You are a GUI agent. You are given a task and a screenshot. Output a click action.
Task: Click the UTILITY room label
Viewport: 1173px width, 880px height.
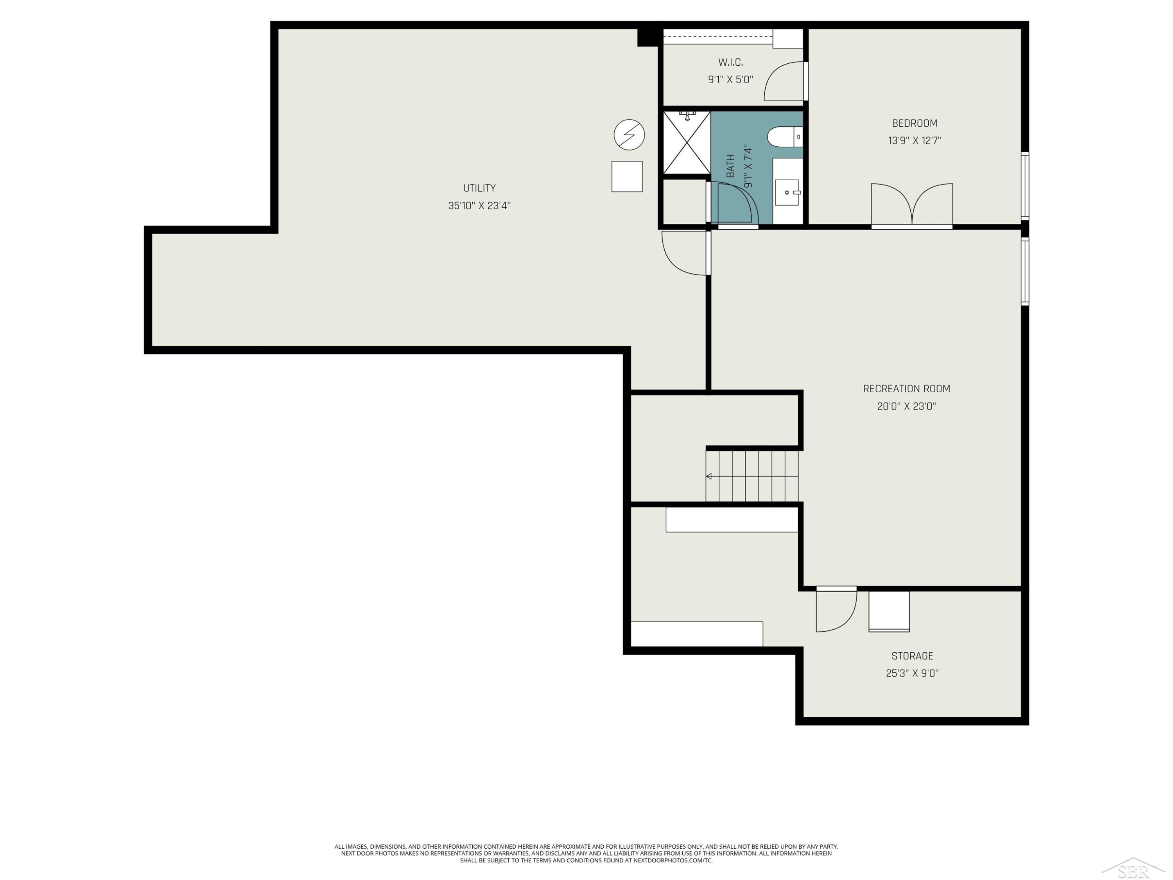tap(479, 188)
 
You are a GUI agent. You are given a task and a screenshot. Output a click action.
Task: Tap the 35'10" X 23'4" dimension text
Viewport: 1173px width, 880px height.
tap(479, 206)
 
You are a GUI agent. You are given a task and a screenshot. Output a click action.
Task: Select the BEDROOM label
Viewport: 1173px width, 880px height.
tap(915, 123)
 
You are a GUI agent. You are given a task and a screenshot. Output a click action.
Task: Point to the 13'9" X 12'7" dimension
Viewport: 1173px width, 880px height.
tap(915, 140)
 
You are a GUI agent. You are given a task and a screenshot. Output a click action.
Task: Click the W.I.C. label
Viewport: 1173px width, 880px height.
tap(731, 62)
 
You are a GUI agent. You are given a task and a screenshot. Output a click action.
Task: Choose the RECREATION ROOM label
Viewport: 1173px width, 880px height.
tap(907, 389)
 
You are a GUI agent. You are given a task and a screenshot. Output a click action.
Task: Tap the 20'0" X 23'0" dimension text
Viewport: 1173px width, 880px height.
tap(907, 406)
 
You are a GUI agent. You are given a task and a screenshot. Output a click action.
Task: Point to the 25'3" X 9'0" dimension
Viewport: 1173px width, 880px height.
tap(912, 673)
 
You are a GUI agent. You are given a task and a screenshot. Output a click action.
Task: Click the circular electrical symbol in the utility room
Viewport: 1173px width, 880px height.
tap(630, 135)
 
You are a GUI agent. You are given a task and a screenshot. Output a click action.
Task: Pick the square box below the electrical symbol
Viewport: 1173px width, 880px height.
tap(627, 177)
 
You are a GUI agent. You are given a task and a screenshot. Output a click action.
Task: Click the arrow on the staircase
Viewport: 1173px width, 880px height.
tap(752, 476)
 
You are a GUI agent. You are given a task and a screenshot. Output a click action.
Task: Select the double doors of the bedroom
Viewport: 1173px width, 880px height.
tap(912, 206)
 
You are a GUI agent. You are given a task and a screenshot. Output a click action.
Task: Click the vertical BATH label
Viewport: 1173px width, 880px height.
tap(731, 166)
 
